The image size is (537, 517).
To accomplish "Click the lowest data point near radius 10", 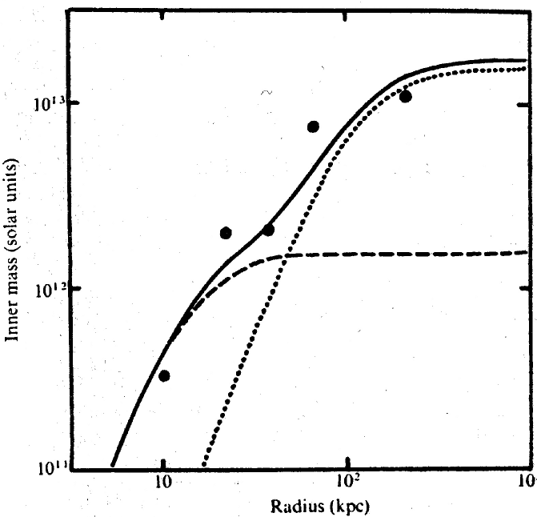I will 164,375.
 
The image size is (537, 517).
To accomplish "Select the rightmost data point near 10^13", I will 406,97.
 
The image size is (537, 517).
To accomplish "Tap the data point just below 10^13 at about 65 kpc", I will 313,126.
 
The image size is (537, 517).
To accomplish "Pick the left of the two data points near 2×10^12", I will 226,233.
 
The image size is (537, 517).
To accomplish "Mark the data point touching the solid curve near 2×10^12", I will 268,230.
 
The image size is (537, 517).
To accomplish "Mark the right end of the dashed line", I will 526,252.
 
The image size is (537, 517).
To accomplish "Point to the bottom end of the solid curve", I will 112,465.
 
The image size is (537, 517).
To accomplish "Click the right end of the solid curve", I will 526,60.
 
